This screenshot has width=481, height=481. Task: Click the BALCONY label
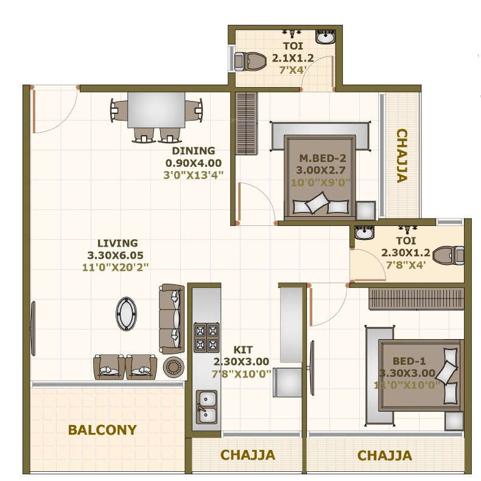tap(102, 430)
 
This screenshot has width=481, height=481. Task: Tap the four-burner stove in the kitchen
tap(206, 337)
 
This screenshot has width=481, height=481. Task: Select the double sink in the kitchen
tap(206, 407)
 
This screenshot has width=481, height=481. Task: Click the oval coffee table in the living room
tap(126, 314)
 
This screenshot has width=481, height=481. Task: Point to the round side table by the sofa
tap(174, 367)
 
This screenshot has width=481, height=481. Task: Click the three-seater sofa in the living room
tap(172, 319)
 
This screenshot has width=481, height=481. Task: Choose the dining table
tap(156, 110)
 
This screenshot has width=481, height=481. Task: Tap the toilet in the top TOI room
tap(250, 61)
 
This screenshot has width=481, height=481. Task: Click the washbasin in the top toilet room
tap(325, 37)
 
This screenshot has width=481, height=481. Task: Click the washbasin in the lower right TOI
tap(364, 233)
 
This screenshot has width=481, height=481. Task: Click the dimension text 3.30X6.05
tap(115, 255)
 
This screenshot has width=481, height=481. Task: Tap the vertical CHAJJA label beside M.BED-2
tap(402, 156)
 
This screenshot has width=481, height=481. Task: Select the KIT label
tap(243, 349)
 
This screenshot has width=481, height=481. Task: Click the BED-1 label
tap(409, 361)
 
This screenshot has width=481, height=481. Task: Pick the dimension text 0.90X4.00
tap(194, 163)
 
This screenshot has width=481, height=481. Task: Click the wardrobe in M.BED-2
tap(247, 124)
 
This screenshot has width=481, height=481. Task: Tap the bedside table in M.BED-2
tap(366, 211)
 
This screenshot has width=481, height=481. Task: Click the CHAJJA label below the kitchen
tap(248, 455)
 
